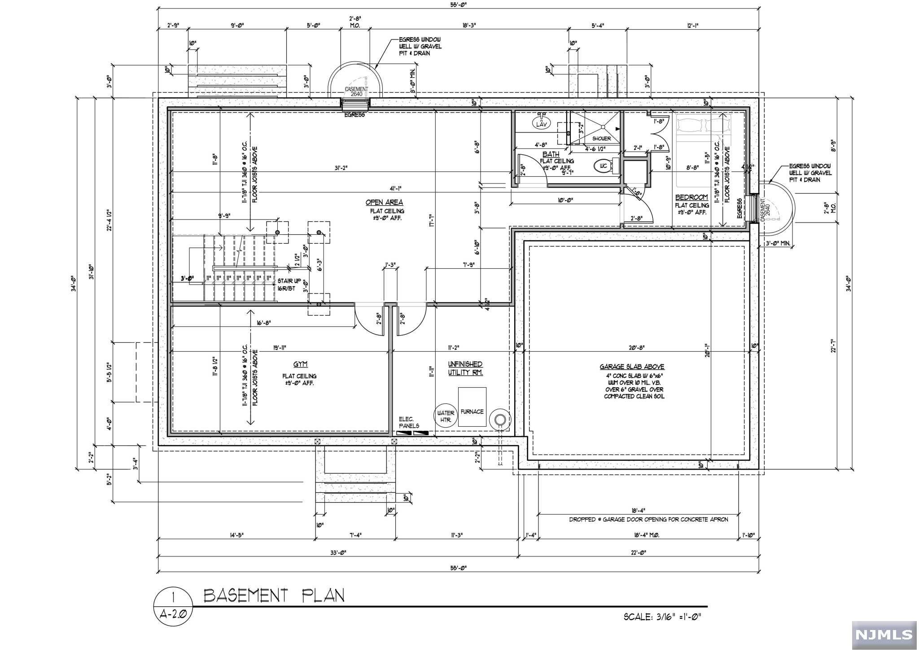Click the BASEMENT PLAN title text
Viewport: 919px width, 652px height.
(274, 596)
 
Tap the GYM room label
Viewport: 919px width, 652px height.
(300, 364)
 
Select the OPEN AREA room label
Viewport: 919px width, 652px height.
(384, 202)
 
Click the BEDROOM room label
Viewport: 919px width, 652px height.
(691, 197)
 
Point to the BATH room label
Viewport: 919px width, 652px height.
(551, 154)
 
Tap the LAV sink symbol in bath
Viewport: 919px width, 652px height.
(542, 123)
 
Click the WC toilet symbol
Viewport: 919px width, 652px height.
(604, 166)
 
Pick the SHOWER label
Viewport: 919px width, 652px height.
(601, 139)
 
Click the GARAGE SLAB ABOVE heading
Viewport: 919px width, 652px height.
(634, 367)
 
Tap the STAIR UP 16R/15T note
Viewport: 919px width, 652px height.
(286, 285)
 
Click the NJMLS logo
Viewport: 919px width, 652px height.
(884, 634)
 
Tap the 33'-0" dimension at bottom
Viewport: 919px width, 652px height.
(339, 553)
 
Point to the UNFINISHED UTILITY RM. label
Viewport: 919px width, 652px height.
(465, 368)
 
